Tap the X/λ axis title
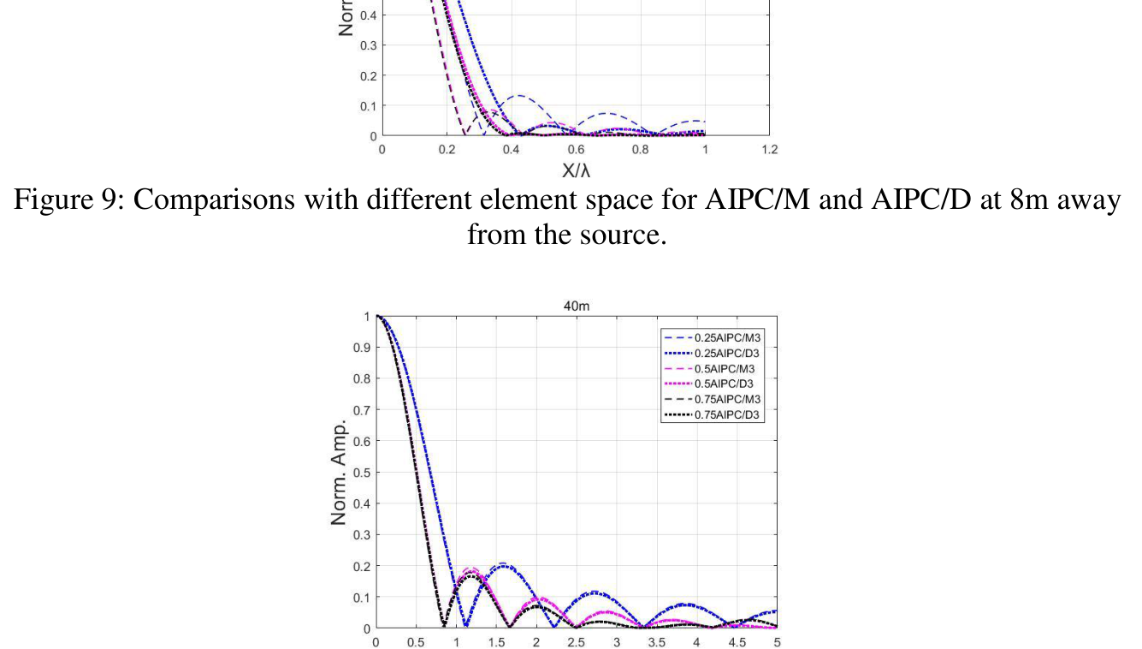tap(576, 170)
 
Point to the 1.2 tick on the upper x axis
tap(769, 149)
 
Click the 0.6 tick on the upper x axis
tap(576, 149)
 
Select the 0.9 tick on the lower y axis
tap(363, 348)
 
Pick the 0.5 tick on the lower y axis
tap(363, 473)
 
